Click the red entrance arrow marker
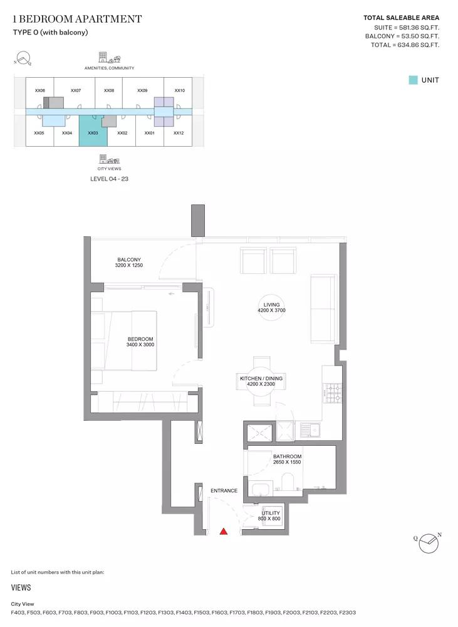tap(224, 531)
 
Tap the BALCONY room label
tap(128, 260)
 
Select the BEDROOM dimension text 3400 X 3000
tap(140, 345)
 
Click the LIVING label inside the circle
tap(272, 305)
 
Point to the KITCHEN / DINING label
tap(261, 378)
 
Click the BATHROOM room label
tap(288, 456)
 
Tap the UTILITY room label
tap(271, 513)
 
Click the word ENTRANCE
tap(224, 491)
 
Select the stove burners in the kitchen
tap(333, 393)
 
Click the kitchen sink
tap(311, 430)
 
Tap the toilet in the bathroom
tap(288, 482)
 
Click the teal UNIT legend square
tap(413, 80)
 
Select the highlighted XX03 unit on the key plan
tap(93, 131)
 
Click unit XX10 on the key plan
tap(180, 90)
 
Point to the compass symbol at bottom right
tap(429, 543)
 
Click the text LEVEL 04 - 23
tap(109, 179)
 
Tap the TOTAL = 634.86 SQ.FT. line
tap(405, 45)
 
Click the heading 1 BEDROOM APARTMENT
tap(77, 19)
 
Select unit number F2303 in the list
tap(347, 612)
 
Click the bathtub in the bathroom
tap(262, 488)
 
